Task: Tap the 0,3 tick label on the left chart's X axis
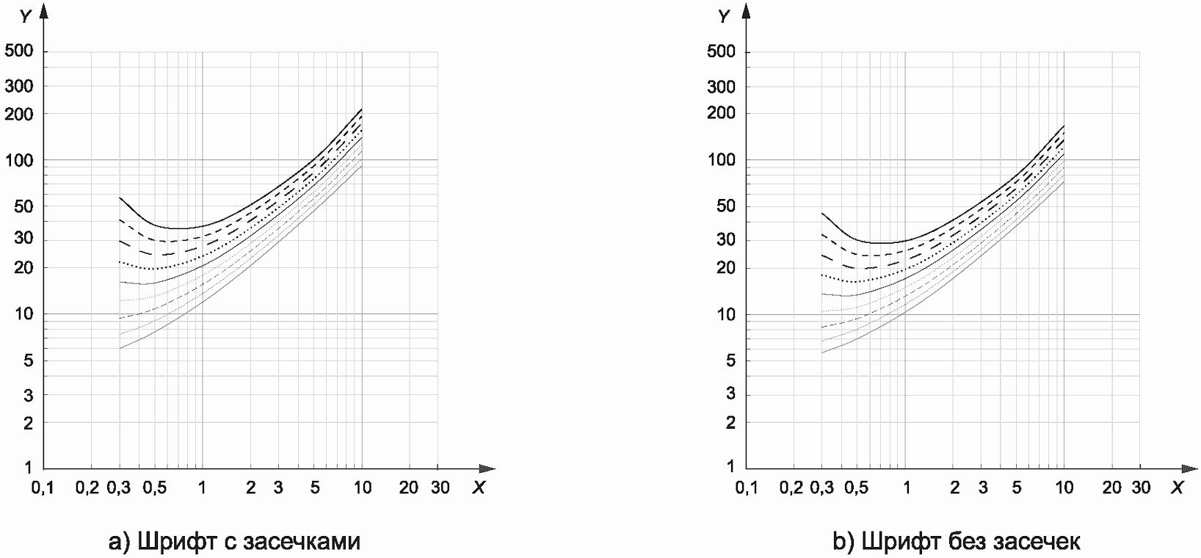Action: point(118,488)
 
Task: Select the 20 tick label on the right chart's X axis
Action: point(1112,488)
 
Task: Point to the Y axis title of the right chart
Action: point(724,15)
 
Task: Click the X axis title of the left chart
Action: point(478,488)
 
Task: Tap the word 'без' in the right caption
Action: point(966,542)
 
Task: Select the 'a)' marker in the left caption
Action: point(118,542)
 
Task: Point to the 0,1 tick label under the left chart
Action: point(43,488)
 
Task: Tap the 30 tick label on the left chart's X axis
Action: point(440,488)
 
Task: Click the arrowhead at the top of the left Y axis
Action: point(44,10)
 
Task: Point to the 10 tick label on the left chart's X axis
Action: point(362,488)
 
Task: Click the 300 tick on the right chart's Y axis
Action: point(721,87)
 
